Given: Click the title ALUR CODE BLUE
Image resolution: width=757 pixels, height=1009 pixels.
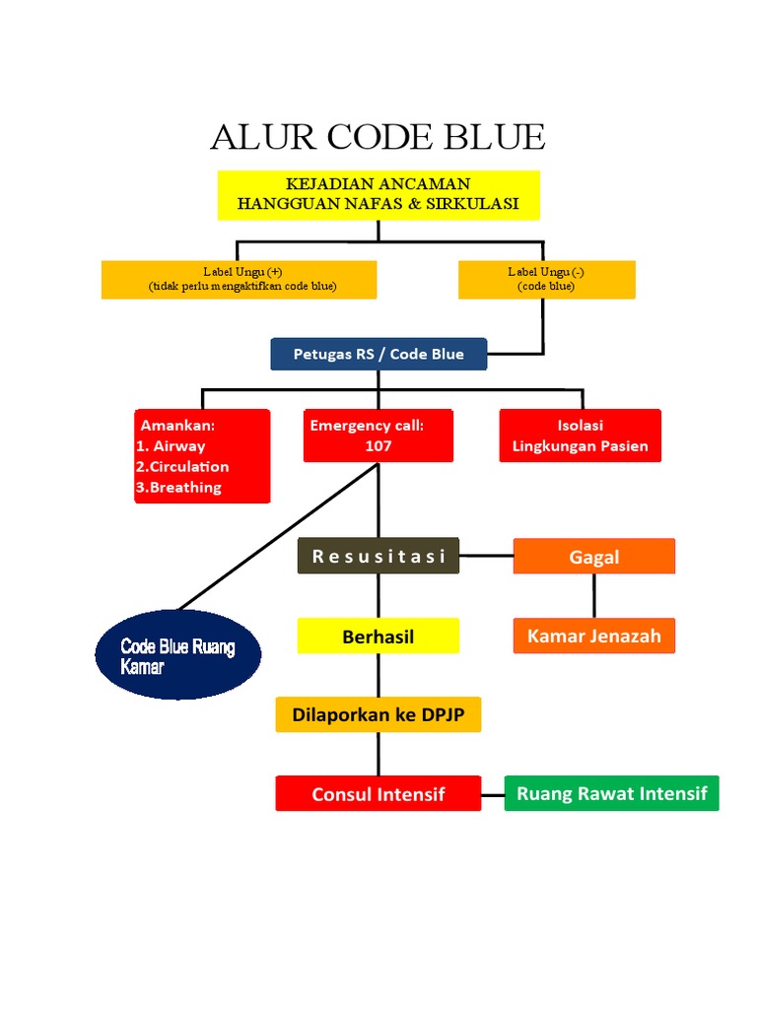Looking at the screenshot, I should point(378,137).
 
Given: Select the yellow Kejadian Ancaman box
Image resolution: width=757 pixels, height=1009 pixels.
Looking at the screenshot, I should point(378,194).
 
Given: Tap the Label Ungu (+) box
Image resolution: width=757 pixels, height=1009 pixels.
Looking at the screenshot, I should point(240,279).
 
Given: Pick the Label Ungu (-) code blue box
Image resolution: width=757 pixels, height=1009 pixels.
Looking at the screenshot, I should point(546,279).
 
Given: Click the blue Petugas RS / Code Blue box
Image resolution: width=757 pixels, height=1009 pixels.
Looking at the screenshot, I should point(378,354).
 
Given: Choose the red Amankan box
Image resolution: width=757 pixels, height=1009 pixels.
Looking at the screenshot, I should point(202,456).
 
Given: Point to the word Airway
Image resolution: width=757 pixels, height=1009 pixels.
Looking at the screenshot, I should point(179,445).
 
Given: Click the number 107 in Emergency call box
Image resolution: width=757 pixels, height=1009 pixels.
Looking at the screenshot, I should point(378,445).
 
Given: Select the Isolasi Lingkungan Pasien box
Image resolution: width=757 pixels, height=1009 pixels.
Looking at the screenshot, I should point(581,436).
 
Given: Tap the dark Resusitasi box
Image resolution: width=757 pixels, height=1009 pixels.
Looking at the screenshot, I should point(378,556).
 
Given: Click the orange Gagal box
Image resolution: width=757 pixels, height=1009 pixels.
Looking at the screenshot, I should point(594,557).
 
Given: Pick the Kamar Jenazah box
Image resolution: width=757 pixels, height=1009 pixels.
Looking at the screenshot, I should point(594,636).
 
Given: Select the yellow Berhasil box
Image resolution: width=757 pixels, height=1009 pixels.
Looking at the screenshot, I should point(378,637).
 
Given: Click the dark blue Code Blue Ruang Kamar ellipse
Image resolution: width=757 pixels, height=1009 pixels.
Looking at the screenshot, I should point(178,654).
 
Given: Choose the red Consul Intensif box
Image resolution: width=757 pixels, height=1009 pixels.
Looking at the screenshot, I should point(378,793).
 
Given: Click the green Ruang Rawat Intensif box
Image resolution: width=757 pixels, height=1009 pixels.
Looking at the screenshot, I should point(611,793).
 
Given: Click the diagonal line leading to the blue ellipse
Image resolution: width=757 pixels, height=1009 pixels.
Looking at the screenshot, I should point(277,537).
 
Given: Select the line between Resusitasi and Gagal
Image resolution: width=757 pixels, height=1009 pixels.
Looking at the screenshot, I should point(486,556).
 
